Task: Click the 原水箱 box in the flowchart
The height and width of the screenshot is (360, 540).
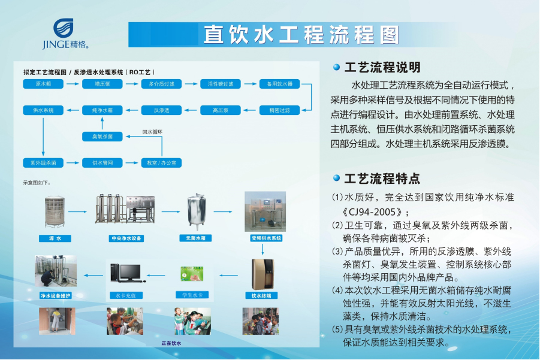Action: point(43,84)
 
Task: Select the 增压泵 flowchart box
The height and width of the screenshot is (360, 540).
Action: point(102,84)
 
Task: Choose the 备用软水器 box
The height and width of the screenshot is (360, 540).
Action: point(279,84)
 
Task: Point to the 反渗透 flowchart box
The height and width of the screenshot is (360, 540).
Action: point(161,110)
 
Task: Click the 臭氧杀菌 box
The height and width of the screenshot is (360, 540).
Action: point(102,137)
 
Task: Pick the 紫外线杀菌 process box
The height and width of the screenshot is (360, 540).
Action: point(43,163)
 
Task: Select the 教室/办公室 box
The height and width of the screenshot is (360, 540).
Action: point(161,163)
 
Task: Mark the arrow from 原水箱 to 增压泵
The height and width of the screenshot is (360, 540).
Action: point(73,84)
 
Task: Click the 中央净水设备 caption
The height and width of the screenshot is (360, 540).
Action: point(126,238)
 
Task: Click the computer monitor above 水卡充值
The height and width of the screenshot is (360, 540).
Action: point(128,272)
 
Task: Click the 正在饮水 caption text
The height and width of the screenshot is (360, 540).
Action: point(171,343)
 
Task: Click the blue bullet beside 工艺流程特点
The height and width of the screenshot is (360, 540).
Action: point(336,178)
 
